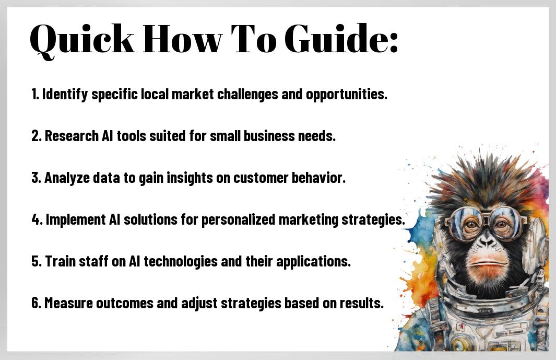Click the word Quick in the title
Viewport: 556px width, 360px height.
tap(82, 40)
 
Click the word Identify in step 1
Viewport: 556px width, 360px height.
tap(65, 95)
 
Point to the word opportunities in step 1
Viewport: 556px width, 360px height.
tap(346, 95)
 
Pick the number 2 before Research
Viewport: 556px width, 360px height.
tap(35, 136)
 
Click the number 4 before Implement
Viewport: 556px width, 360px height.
tap(35, 220)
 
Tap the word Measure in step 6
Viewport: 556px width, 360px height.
tap(68, 303)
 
